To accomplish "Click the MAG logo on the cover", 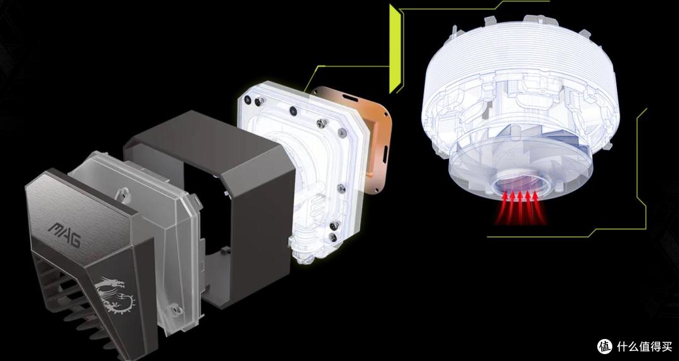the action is [65, 234].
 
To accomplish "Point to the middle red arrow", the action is [521, 208].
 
